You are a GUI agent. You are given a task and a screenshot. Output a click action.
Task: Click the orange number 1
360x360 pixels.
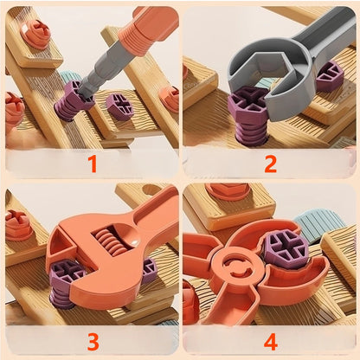click(x=91, y=162)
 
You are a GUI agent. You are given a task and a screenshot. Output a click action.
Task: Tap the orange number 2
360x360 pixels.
click(x=270, y=162)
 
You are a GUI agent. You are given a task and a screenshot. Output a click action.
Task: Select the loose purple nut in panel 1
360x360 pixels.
click(x=119, y=106)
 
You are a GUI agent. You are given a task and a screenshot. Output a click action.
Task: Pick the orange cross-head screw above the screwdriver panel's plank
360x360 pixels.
click(x=35, y=32)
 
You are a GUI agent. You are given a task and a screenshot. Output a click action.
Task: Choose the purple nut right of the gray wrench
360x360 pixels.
click(x=330, y=79)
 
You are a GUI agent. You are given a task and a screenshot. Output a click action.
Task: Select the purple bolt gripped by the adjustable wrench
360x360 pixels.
click(x=67, y=280)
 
